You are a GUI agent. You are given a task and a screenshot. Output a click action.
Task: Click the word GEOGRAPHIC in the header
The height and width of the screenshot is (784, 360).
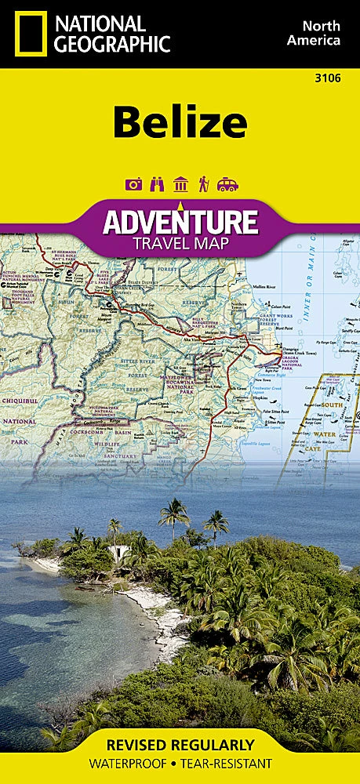pyautogui.click(x=111, y=44)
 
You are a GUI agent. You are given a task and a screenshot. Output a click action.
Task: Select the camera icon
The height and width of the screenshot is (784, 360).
pyautogui.click(x=133, y=184)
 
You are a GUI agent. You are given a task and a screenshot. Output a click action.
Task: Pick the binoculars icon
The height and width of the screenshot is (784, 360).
pyautogui.click(x=156, y=184)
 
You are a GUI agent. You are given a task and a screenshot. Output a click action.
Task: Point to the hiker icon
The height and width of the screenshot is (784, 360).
pyautogui.click(x=203, y=184)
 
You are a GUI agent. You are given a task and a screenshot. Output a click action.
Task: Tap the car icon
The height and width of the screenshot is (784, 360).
pyautogui.click(x=227, y=184)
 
